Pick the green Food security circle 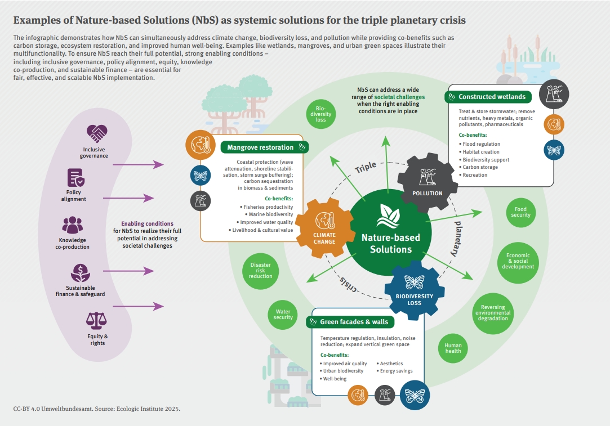click(x=520, y=212)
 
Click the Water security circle click(x=283, y=315)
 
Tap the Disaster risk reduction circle click(x=260, y=270)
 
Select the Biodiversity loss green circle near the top click(x=320, y=114)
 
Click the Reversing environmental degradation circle click(x=493, y=313)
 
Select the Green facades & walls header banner click(x=350, y=322)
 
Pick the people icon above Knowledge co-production click(x=72, y=225)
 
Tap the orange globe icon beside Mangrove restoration click(x=201, y=146)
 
